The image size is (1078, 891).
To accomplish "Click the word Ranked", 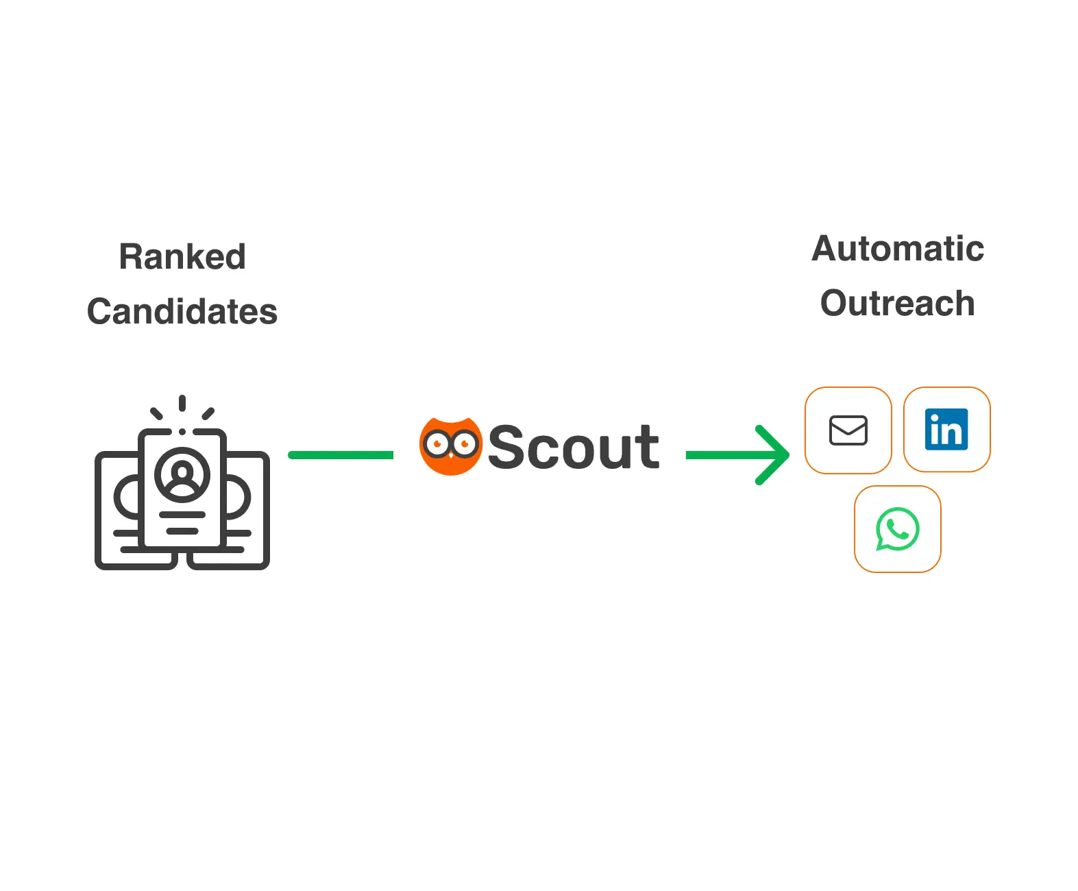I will [x=182, y=257].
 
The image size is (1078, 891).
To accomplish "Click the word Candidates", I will [x=182, y=312].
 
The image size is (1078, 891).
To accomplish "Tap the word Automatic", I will [x=898, y=249].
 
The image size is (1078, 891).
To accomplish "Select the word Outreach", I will [x=898, y=304].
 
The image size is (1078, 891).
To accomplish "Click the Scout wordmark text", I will [x=573, y=448].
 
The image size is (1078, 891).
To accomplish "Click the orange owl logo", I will [x=450, y=446].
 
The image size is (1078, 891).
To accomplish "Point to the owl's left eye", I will [x=437, y=444].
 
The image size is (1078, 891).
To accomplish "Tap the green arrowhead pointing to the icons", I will [x=774, y=455].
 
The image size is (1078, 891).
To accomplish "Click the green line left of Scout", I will [x=341, y=455].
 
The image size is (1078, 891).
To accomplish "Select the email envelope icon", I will [x=848, y=430].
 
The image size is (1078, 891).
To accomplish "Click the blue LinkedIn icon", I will [x=946, y=430].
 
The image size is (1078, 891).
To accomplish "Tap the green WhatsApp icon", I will [x=897, y=529].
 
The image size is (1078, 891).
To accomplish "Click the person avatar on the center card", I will [x=182, y=474].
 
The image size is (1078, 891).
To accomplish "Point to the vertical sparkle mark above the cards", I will [x=182, y=403].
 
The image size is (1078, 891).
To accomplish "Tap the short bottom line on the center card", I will [x=182, y=531].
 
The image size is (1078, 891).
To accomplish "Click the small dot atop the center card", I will [x=182, y=432].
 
